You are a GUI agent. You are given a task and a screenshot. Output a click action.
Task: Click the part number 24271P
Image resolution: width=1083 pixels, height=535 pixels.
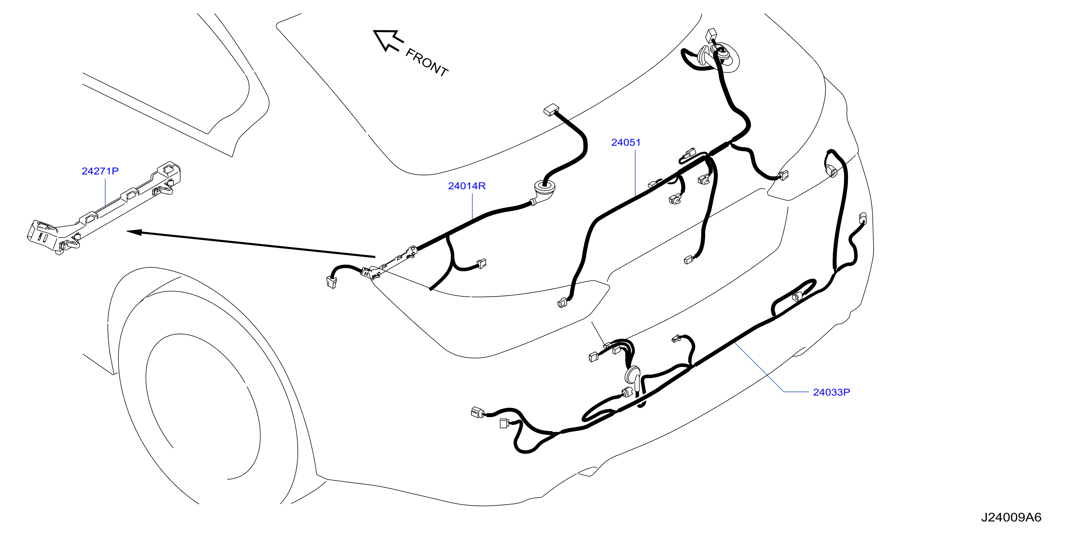(100, 171)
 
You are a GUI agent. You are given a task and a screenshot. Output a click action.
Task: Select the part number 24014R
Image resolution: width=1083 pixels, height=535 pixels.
(467, 186)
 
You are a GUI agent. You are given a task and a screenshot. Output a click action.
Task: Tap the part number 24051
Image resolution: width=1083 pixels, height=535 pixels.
(626, 142)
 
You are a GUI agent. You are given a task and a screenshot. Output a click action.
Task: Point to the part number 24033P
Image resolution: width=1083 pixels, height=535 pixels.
(831, 392)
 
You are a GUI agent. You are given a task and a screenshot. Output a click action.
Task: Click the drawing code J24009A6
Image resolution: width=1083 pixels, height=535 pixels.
(1011, 517)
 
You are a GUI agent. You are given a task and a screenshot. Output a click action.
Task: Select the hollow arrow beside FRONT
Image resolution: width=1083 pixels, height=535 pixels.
(388, 40)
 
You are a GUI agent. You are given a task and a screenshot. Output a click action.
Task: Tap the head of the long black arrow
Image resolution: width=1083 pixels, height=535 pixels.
(134, 231)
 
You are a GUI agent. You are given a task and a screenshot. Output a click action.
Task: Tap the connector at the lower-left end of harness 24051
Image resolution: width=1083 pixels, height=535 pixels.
(562, 302)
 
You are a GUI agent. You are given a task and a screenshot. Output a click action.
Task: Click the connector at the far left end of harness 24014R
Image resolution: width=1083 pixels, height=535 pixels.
(331, 282)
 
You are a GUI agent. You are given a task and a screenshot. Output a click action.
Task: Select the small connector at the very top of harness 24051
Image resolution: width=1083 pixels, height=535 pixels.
(712, 35)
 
